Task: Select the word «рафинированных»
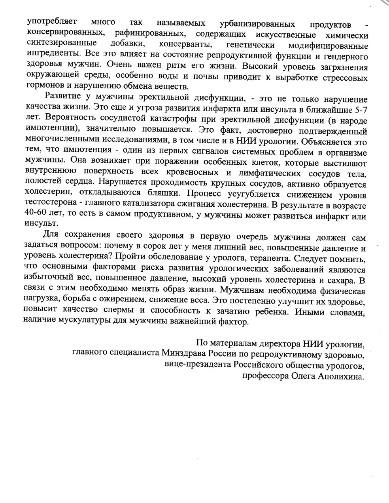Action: click(145, 34)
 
